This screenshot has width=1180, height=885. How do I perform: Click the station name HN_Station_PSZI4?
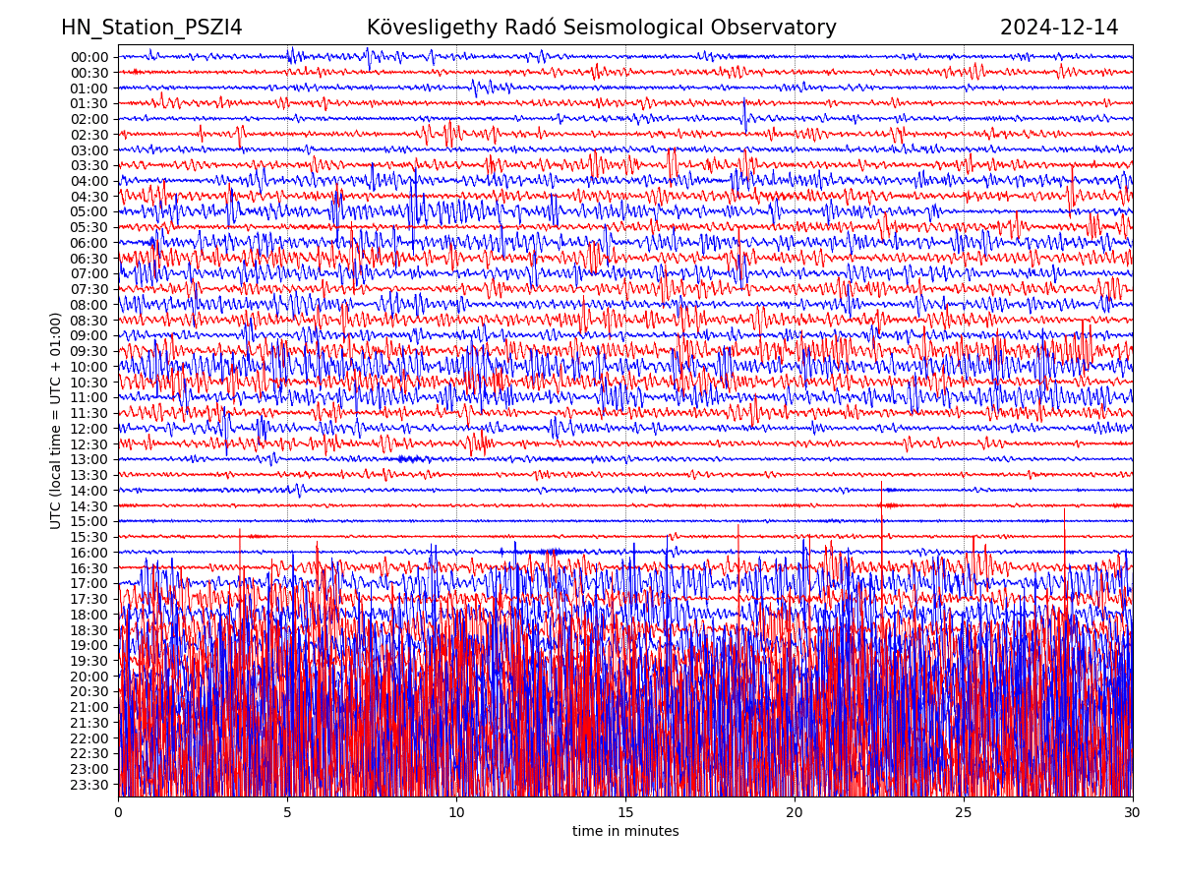(x=151, y=28)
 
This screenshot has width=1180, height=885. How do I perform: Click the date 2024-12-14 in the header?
(x=1059, y=28)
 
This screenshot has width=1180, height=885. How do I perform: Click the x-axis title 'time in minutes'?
(x=625, y=832)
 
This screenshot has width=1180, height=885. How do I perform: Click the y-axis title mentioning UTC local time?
(x=56, y=420)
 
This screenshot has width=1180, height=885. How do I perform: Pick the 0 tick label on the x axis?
(x=118, y=813)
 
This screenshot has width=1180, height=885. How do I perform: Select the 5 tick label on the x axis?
(x=287, y=813)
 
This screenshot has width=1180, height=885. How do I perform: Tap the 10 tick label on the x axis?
(x=456, y=813)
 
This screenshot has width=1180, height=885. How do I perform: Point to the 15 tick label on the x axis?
(x=625, y=813)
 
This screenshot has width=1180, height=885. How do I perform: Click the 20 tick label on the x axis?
(x=795, y=813)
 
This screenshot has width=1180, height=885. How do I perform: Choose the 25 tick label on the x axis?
(x=964, y=813)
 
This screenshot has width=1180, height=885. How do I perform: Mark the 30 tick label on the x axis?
(x=1133, y=813)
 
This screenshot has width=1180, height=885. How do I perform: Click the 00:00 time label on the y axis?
(x=89, y=57)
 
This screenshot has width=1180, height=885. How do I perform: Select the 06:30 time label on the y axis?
(x=89, y=259)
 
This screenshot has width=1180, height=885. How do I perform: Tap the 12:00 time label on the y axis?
(x=89, y=429)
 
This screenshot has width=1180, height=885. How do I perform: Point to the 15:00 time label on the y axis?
(x=89, y=521)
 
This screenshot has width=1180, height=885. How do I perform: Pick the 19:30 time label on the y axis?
(x=89, y=661)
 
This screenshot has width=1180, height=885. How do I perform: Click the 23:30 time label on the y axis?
(x=89, y=785)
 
